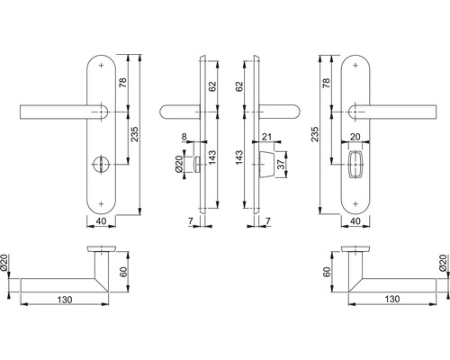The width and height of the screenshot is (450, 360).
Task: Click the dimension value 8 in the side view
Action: point(184,138)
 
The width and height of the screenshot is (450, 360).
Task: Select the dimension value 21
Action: point(267,138)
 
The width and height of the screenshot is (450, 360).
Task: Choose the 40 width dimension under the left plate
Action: point(101,220)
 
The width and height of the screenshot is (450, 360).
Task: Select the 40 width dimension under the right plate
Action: point(357,220)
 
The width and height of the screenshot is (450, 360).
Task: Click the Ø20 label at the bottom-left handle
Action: point(6,263)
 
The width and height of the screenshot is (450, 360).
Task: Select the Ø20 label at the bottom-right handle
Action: point(443,263)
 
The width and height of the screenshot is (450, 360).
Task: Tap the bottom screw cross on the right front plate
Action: point(356,201)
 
